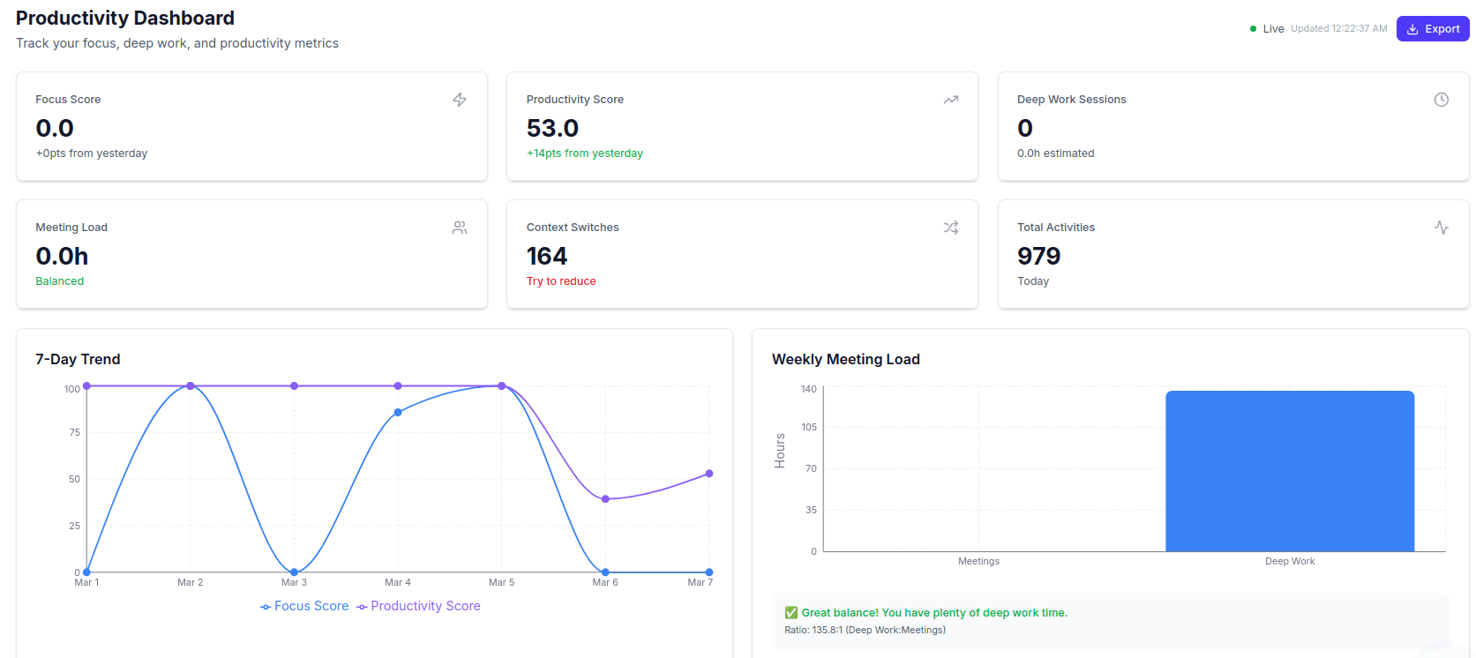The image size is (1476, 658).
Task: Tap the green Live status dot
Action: [x=1253, y=29]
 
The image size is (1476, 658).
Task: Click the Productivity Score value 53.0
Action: [x=552, y=129]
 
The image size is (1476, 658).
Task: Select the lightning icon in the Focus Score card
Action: [x=460, y=100]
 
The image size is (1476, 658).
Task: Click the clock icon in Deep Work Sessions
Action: [x=1441, y=100]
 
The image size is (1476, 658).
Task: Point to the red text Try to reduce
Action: [x=561, y=281]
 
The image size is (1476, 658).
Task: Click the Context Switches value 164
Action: [x=546, y=257]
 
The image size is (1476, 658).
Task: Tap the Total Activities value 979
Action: [x=1038, y=257]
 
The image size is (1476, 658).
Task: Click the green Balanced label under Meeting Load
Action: [x=60, y=281]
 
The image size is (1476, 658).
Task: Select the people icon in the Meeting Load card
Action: [x=460, y=228]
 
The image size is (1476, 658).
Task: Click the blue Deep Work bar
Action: [x=1289, y=471]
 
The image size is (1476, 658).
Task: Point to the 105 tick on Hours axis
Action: [x=809, y=427]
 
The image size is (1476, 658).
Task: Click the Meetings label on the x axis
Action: [x=978, y=561]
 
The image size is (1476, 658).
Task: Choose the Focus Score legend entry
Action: [x=304, y=606]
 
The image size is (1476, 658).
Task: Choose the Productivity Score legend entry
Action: [x=418, y=606]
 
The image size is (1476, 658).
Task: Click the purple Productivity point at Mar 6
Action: [x=605, y=499]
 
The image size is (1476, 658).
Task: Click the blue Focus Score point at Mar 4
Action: [x=398, y=412]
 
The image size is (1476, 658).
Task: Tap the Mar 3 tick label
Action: [x=294, y=582]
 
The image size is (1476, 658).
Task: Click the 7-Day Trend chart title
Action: [x=78, y=359]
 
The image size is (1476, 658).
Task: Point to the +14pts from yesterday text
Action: [x=584, y=153]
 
